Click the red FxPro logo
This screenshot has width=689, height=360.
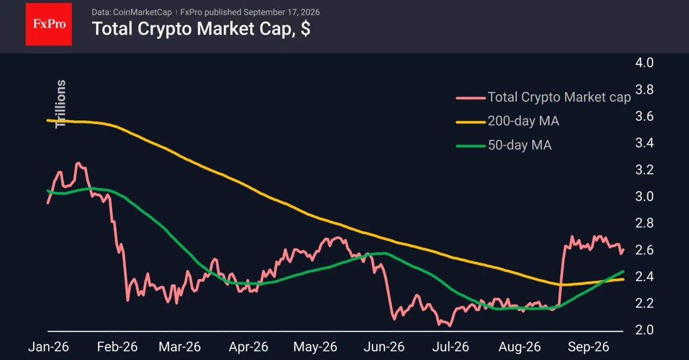[48, 24]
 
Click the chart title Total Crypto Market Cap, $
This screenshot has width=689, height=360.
[201, 29]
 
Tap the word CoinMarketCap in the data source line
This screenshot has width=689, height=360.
[143, 12]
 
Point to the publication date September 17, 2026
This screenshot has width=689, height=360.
[282, 12]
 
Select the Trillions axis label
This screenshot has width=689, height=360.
[60, 104]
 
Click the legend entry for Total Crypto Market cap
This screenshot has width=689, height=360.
[544, 97]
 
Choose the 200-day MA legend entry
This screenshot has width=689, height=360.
[508, 121]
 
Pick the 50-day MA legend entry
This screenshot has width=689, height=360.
[504, 145]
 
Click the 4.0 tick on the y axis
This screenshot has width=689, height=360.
[644, 63]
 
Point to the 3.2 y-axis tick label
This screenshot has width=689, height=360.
[644, 170]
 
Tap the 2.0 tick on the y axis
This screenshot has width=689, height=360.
[644, 330]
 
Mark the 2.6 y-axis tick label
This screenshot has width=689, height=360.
[644, 250]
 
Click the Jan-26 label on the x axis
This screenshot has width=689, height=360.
[48, 347]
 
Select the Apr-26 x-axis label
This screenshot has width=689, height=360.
[249, 347]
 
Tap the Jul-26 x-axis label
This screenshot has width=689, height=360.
[451, 347]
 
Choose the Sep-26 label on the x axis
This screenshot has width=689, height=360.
[588, 347]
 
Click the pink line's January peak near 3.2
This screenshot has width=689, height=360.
[78, 163]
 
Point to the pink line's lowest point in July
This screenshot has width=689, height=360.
[450, 325]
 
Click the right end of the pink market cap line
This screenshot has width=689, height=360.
[623, 249]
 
